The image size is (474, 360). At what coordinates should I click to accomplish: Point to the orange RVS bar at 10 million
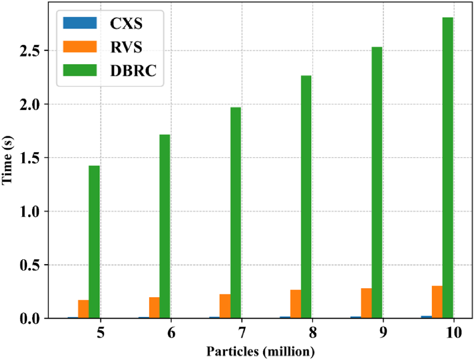click(437, 302)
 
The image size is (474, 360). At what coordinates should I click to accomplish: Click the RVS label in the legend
click(126, 47)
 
